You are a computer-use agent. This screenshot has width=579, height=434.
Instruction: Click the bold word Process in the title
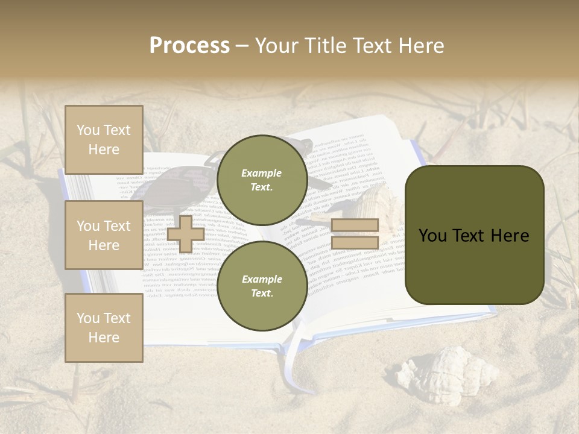pyautogui.click(x=189, y=45)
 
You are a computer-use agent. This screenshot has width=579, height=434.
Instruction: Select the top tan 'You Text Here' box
pyautogui.click(x=104, y=140)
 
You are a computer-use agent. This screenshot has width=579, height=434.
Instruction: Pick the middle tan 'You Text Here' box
pyautogui.click(x=104, y=235)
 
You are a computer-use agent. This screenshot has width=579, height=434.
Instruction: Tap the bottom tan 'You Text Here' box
pyautogui.click(x=104, y=327)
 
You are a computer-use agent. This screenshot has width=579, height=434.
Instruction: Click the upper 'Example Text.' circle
pyautogui.click(x=262, y=180)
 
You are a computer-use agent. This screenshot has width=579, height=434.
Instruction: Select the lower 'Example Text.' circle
pyautogui.click(x=262, y=286)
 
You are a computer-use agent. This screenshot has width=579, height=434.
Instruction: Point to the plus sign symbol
pyautogui.click(x=185, y=234)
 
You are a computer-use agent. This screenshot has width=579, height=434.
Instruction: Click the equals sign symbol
pyautogui.click(x=355, y=234)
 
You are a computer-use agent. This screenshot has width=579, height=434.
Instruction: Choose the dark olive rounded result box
pyautogui.click(x=474, y=235)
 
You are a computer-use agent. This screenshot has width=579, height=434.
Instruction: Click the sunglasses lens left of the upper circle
pyautogui.click(x=181, y=184)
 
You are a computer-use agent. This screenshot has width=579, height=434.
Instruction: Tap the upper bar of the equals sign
pyautogui.click(x=355, y=225)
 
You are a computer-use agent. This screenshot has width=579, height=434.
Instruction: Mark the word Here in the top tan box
pyautogui.click(x=104, y=149)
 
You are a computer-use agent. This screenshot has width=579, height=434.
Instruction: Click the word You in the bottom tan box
pyautogui.click(x=87, y=318)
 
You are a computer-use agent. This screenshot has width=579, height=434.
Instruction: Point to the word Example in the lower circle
pyautogui.click(x=262, y=279)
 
